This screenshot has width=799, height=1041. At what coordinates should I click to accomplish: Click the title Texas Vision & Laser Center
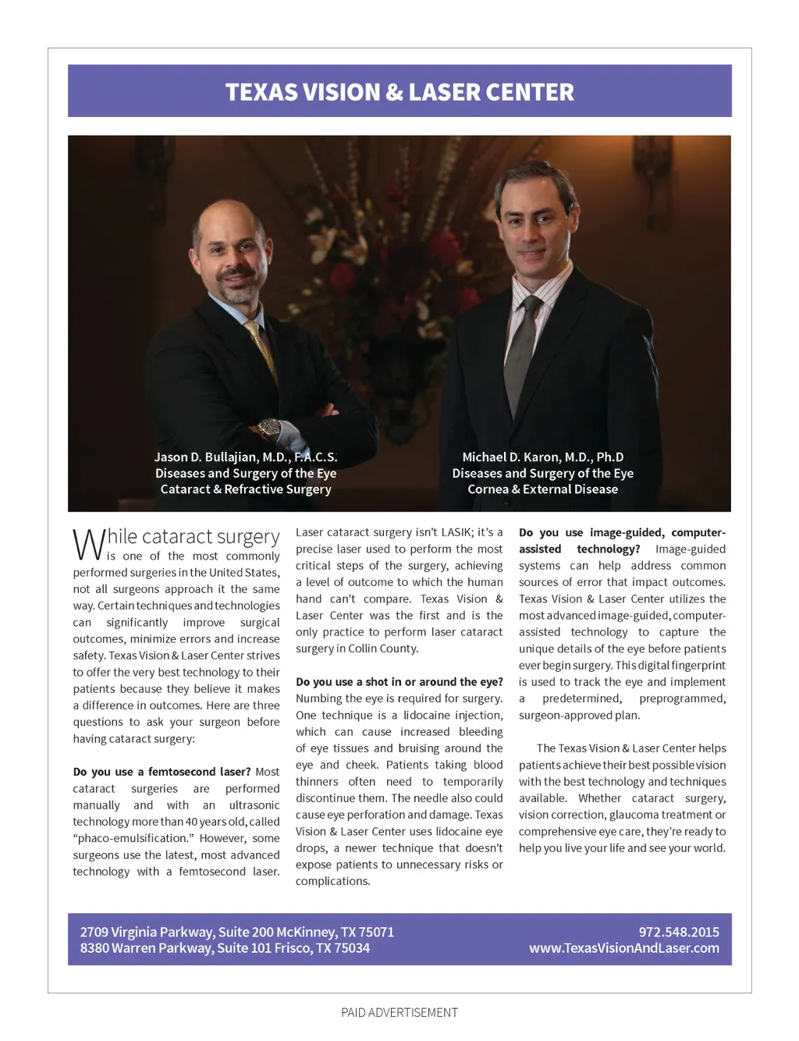399,92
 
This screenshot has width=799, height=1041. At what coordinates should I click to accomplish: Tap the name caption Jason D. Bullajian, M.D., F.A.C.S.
246,457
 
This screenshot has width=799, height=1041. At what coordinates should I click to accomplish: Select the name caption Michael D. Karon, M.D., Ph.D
543,457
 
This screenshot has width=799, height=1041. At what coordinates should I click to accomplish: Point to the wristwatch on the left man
270,427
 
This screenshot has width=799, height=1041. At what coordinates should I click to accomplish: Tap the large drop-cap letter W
88,544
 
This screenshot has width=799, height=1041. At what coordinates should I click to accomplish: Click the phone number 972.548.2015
679,932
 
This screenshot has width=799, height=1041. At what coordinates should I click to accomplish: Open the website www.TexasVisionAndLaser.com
624,948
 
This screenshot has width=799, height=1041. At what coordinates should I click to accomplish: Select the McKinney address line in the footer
237,932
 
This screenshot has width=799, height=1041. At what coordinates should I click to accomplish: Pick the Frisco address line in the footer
225,948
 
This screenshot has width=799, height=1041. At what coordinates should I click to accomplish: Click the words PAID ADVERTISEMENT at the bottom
399,1012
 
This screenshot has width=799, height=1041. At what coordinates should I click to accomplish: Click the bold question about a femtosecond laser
162,772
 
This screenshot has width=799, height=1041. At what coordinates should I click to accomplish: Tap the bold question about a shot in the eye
399,682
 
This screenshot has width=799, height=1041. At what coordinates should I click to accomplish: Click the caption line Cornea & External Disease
543,489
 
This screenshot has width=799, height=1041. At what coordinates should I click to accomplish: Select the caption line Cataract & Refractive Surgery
246,489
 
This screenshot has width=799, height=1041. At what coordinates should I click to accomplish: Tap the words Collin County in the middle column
385,648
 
